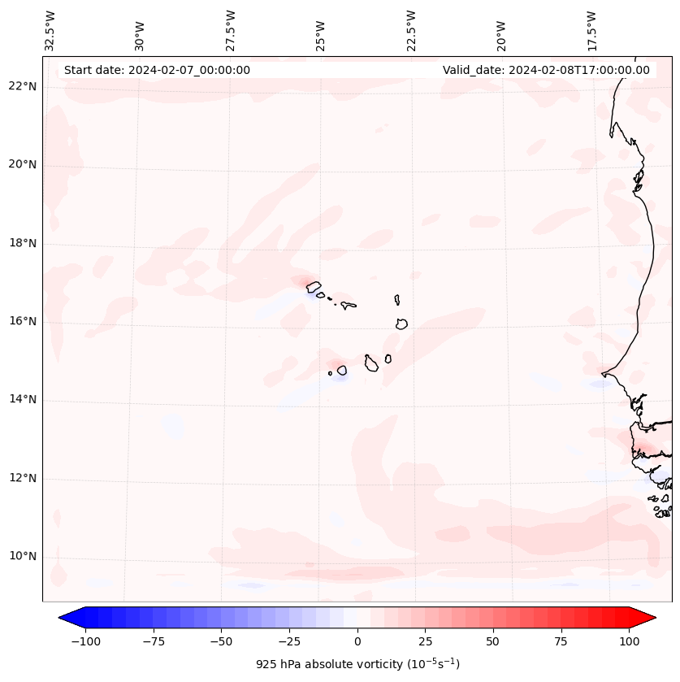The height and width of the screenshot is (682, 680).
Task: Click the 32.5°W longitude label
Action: (x=50, y=30)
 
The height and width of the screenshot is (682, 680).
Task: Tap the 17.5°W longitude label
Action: (x=591, y=30)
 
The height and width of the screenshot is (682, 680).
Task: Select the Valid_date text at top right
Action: (x=546, y=70)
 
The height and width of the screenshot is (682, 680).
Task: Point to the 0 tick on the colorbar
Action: (x=357, y=641)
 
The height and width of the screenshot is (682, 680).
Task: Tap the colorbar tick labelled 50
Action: (x=493, y=641)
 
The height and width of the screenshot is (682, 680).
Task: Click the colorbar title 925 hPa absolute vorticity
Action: (x=357, y=664)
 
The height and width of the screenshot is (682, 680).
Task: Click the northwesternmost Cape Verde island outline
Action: (x=313, y=286)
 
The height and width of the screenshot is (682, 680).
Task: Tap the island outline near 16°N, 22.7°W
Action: (x=401, y=324)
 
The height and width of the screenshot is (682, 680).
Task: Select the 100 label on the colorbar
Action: (x=629, y=641)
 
